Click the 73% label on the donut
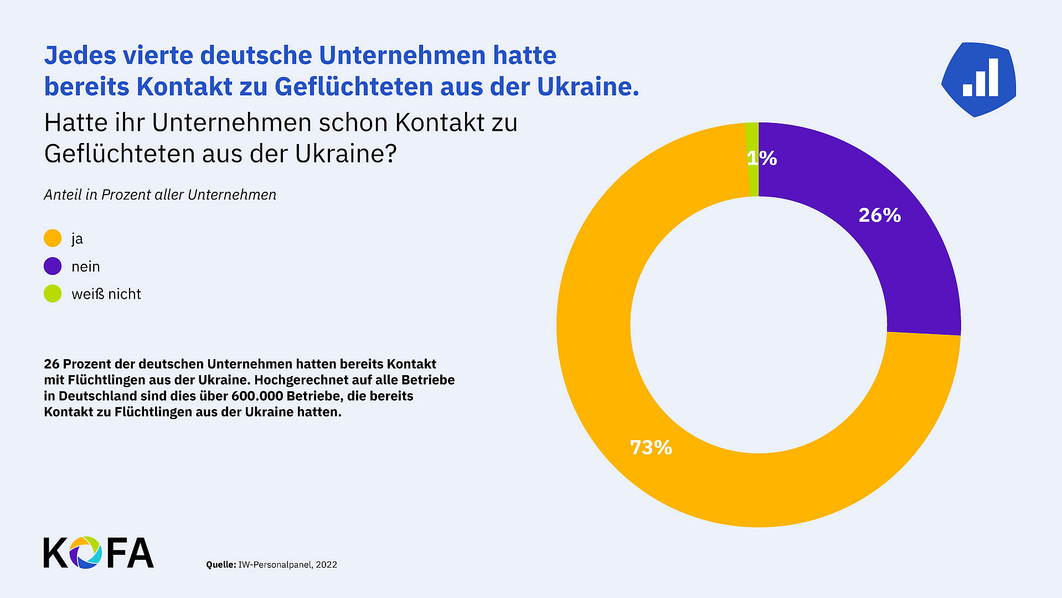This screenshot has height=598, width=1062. click(x=651, y=447)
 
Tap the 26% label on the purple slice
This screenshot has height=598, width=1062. click(x=879, y=215)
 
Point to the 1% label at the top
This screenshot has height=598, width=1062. click(x=762, y=159)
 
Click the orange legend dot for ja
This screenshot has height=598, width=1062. click(x=53, y=238)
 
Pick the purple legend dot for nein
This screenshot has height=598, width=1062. click(x=53, y=266)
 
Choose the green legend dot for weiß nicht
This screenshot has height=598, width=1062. click(x=53, y=294)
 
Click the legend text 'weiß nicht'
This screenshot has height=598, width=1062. click(x=106, y=294)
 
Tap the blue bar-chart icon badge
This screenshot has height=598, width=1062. click(x=979, y=79)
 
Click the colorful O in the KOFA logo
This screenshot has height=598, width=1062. click(x=85, y=553)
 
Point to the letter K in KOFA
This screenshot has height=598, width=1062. click(x=55, y=553)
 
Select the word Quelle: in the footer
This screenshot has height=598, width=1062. click(x=221, y=564)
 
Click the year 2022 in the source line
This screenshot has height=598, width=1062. click(x=327, y=564)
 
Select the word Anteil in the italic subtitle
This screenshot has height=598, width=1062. click(x=62, y=195)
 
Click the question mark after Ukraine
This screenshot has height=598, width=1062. click(x=390, y=154)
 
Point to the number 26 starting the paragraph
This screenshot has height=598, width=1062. click(x=51, y=364)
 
